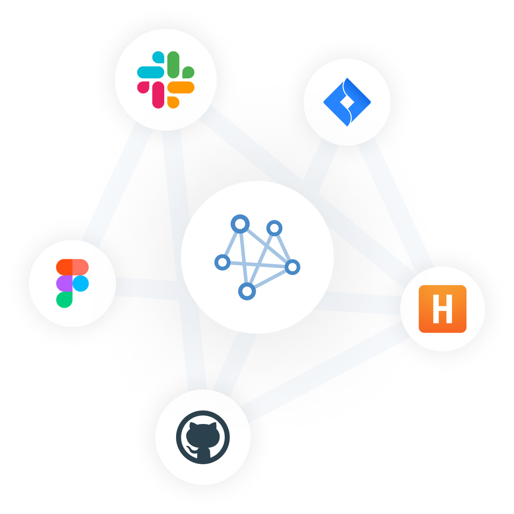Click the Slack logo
point(166,80)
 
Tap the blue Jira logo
point(347,102)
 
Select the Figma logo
point(72,283)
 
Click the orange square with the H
point(443,309)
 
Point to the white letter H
point(443,309)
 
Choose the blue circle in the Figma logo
point(81,284)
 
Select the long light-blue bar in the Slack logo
point(150,72)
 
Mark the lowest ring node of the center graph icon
point(247,291)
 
